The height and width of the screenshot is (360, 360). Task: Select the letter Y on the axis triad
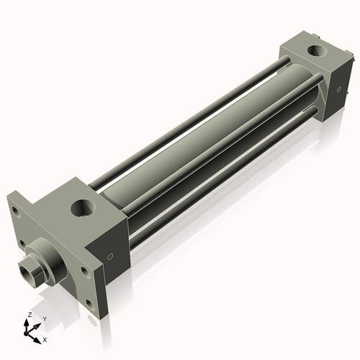click(44, 318)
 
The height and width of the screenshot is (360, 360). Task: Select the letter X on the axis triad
click(45, 338)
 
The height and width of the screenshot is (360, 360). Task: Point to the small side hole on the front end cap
click(109, 258)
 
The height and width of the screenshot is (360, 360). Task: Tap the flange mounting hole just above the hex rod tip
click(23, 242)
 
